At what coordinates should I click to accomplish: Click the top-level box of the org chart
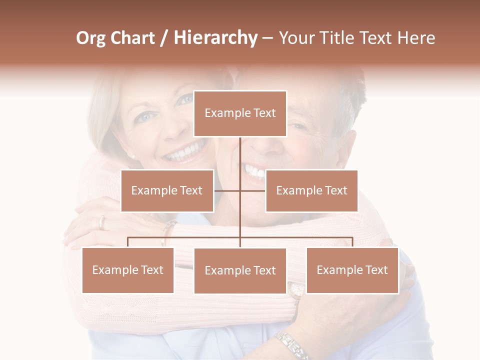tap(240, 113)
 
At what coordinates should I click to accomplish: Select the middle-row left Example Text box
tap(167, 190)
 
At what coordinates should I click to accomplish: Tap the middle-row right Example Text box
tap(311, 190)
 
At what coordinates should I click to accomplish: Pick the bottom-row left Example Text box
tap(127, 270)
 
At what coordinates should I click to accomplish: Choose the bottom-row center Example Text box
tap(240, 270)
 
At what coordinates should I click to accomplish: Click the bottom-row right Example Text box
tap(352, 270)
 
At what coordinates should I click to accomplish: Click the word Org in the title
tap(90, 38)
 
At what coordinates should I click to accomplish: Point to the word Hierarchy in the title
tap(215, 38)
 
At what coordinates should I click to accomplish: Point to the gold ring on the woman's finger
tap(102, 222)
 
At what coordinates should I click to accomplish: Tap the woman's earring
tap(133, 157)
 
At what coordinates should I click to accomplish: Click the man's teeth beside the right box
tap(254, 172)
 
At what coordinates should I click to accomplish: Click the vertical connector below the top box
tap(240, 160)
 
